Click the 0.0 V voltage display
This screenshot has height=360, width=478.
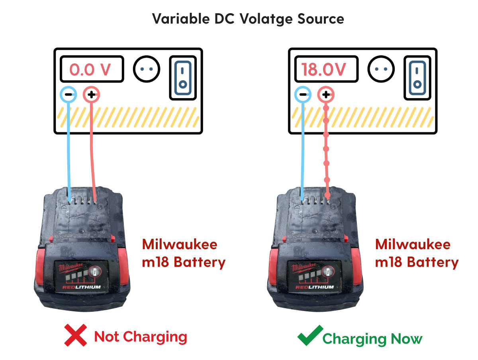pyautogui.click(x=91, y=69)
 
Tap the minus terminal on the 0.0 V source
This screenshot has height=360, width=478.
pyautogui.click(x=68, y=95)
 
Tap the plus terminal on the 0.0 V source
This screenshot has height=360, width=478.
pyautogui.click(x=91, y=95)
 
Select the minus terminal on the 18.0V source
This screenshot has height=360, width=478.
pyautogui.click(x=302, y=95)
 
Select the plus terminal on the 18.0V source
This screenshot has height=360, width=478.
pyautogui.click(x=326, y=95)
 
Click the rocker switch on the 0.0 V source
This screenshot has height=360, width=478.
pyautogui.click(x=182, y=78)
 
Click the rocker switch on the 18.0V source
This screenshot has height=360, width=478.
pyautogui.click(x=417, y=78)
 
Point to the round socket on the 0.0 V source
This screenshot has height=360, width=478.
pyautogui.click(x=147, y=69)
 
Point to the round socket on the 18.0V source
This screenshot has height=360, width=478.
pyautogui.click(x=381, y=69)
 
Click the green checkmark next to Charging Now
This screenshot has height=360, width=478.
pyautogui.click(x=310, y=335)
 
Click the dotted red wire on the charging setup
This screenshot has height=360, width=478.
pyautogui.click(x=327, y=151)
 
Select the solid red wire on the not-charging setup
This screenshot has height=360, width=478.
pyautogui.click(x=93, y=151)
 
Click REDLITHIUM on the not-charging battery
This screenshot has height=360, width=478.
pyautogui.click(x=81, y=287)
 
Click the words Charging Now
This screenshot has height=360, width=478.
pyautogui.click(x=372, y=338)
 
